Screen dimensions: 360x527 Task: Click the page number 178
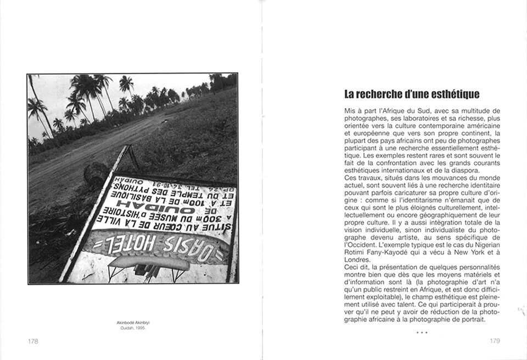[33, 341]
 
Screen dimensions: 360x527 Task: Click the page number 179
[495, 341]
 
